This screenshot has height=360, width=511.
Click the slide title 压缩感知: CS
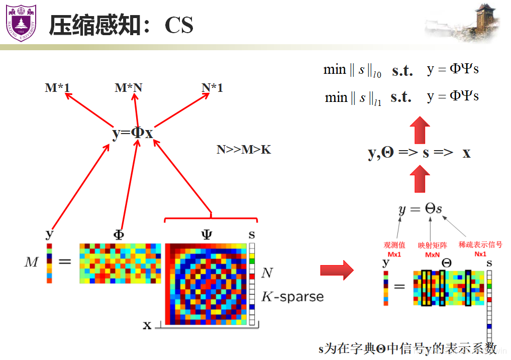tap(121, 25)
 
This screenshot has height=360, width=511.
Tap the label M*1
tap(57, 88)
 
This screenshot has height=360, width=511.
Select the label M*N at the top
tap(128, 88)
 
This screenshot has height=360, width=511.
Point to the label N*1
tap(212, 88)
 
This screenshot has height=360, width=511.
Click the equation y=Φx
tap(132, 134)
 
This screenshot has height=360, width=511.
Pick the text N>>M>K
tap(244, 149)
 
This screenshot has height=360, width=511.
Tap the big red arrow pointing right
tap(337, 271)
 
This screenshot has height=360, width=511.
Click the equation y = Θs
tap(420, 209)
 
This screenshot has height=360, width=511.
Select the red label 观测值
tap(394, 245)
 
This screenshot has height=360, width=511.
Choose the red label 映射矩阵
tap(432, 245)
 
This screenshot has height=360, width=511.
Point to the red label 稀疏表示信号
tap(480, 245)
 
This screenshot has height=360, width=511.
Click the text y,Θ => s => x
tap(419, 153)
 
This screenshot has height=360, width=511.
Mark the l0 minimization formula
tap(401, 70)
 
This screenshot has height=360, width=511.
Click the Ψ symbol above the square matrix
tap(207, 234)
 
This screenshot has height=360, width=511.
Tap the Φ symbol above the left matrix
tap(119, 234)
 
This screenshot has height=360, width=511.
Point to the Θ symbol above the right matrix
tap(446, 263)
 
